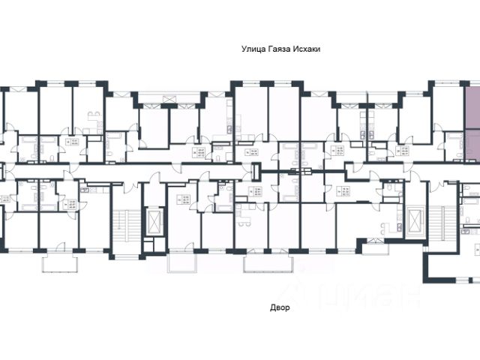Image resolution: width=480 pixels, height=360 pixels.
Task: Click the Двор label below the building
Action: pos(279,307)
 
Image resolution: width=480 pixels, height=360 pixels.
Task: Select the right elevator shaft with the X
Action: pos(410,219)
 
